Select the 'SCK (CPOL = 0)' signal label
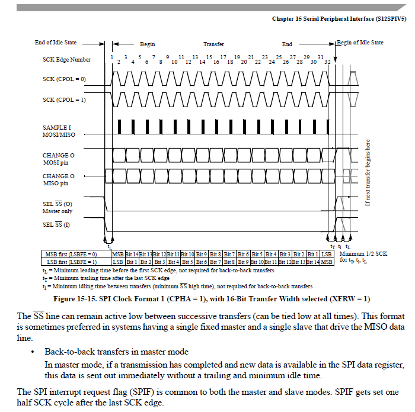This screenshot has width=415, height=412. point(64,78)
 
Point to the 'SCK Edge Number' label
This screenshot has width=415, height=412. point(67,60)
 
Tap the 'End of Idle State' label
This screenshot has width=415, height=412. point(56,43)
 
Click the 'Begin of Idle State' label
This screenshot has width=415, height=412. point(360,43)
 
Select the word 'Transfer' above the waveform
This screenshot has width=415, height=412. point(214,44)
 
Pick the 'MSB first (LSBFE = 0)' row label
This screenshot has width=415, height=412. point(71,254)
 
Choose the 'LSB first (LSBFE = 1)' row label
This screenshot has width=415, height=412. point(71,261)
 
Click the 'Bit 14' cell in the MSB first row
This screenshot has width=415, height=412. point(132,254)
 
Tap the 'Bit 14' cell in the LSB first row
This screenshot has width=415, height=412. point(312,261)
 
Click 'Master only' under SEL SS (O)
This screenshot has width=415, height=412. point(57,211)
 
